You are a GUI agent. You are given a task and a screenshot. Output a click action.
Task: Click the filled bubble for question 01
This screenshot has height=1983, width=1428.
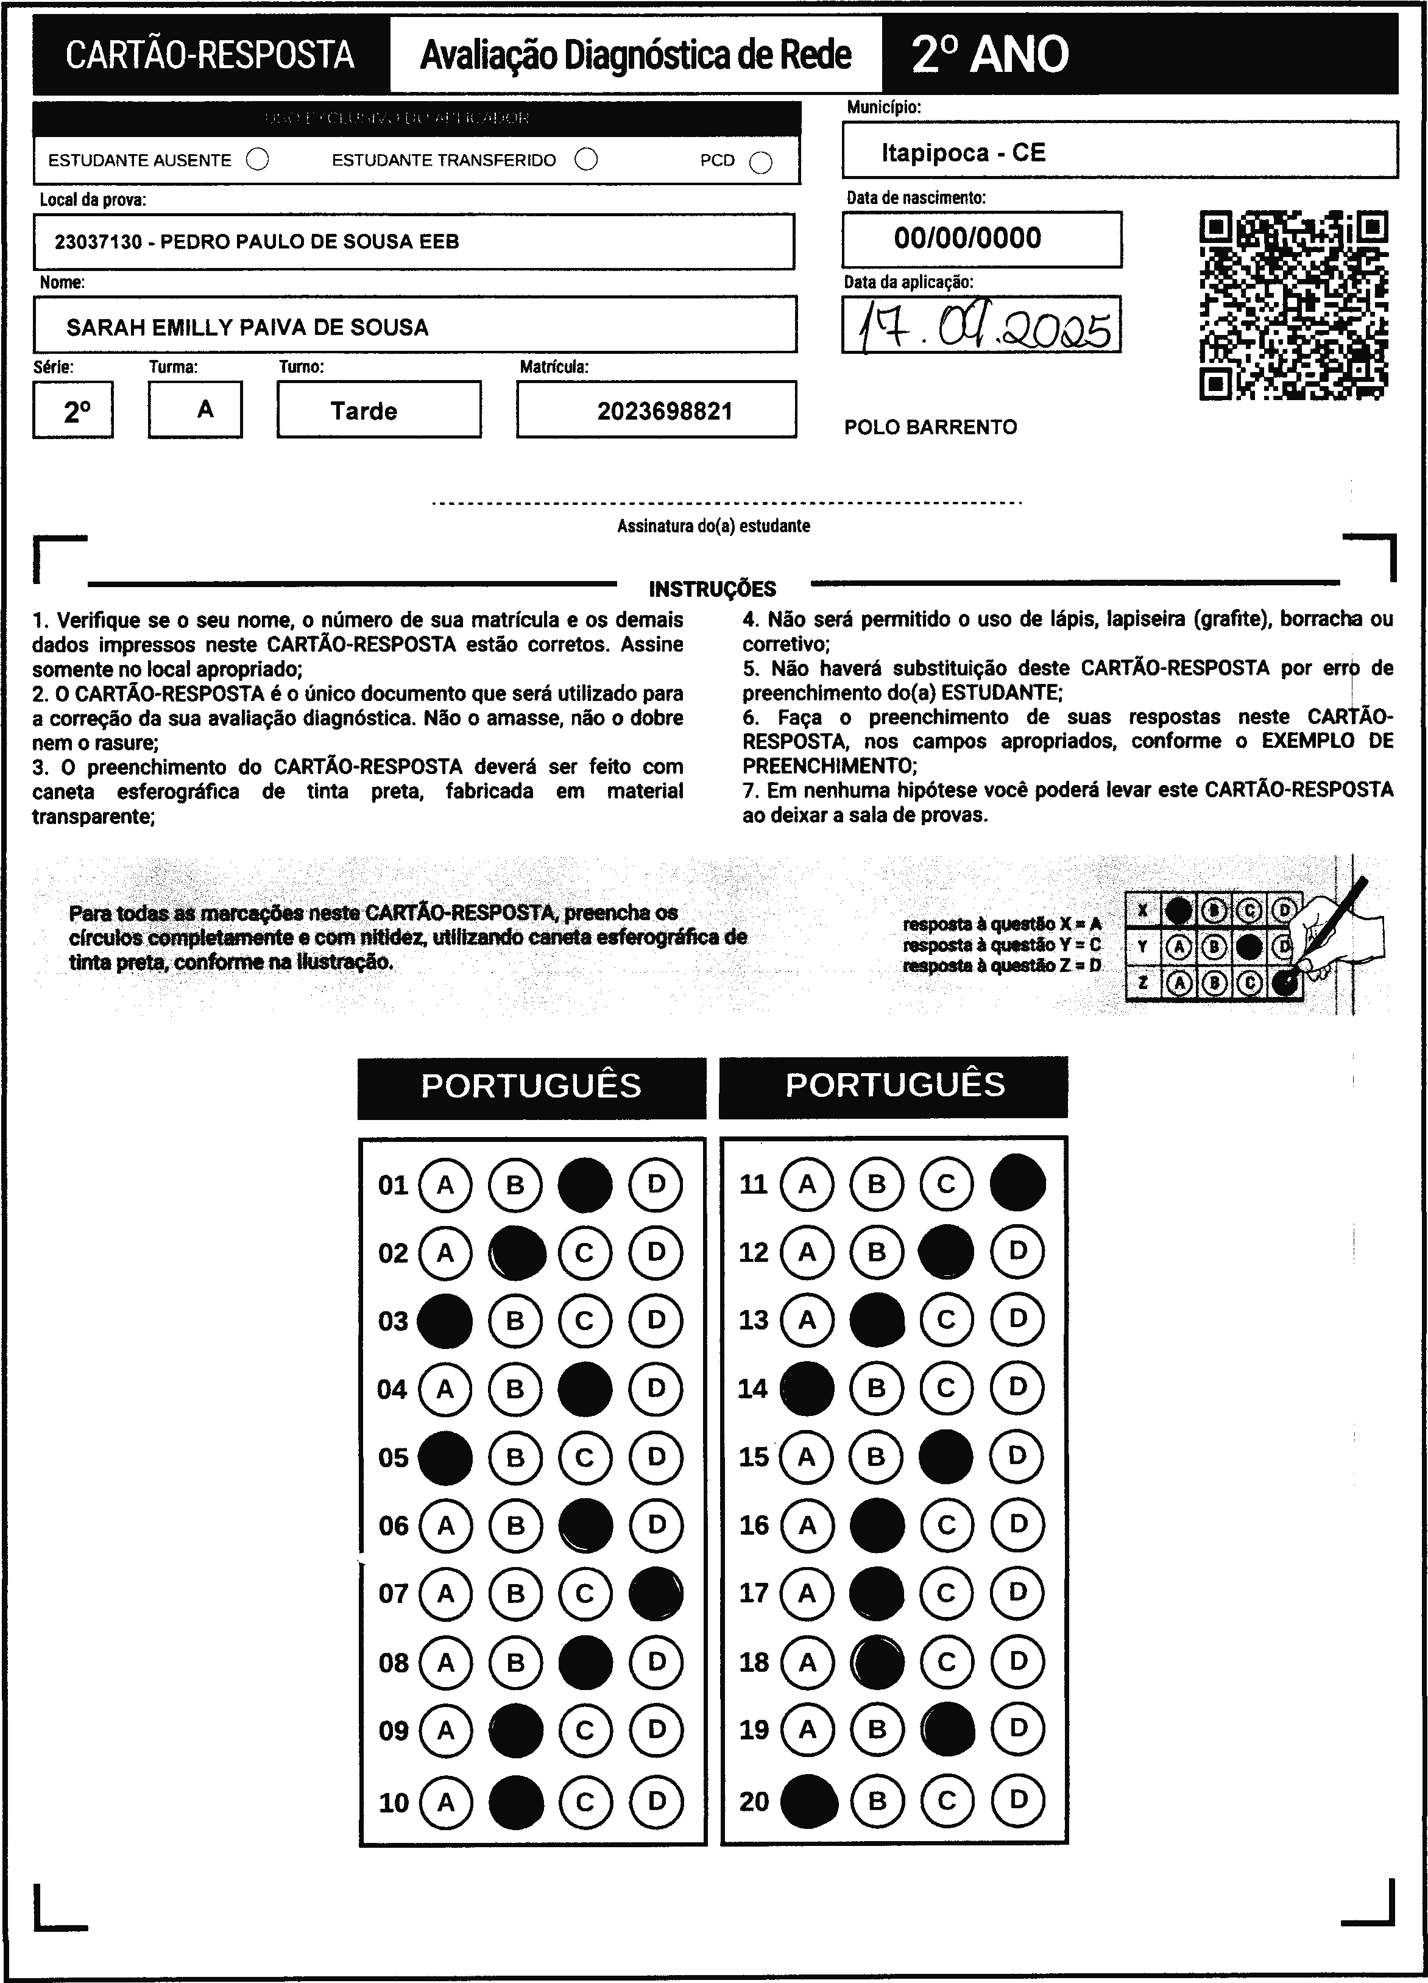coord(585,1185)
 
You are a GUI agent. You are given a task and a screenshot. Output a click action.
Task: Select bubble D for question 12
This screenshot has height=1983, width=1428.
coord(1017,1251)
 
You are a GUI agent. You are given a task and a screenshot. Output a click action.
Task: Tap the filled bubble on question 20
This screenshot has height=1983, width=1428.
coord(808,1801)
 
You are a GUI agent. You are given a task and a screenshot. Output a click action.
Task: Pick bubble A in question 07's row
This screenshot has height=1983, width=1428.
coord(446,1594)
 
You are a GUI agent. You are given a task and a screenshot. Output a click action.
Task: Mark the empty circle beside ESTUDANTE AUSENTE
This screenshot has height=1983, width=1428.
coord(258,160)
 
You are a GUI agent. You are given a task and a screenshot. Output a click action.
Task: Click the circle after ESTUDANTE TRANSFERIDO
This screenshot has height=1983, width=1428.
coord(587,160)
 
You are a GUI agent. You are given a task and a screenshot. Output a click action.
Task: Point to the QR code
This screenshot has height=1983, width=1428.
coord(1293,305)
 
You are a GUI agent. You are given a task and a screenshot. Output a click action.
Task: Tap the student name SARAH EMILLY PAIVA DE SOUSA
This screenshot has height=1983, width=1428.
coord(247,328)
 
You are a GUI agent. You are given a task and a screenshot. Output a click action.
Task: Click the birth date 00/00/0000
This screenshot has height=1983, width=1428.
coord(967,238)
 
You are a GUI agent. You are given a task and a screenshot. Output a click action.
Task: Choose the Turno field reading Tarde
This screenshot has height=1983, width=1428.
coord(364,411)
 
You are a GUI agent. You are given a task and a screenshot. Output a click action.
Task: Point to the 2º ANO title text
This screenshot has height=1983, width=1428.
coord(990,54)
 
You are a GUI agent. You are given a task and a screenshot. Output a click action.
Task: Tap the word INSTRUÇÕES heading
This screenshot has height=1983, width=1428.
coord(713,588)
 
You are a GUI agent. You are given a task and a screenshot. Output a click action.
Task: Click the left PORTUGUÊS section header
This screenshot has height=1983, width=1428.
coord(532,1086)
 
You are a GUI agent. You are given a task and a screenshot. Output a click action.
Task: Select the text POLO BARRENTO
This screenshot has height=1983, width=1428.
coord(930,428)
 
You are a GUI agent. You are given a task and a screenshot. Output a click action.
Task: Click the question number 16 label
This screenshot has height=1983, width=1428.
coord(754,1526)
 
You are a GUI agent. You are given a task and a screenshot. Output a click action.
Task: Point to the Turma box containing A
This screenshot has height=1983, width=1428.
coord(205,409)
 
